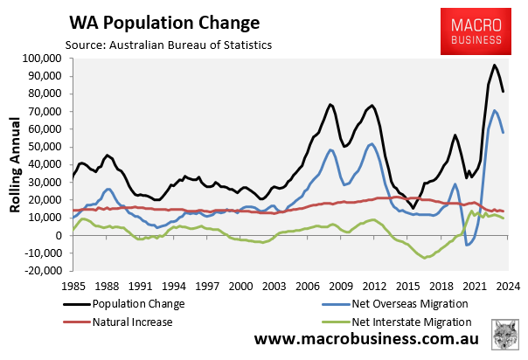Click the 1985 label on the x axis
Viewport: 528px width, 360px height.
(x=73, y=286)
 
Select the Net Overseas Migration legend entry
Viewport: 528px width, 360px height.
(x=406, y=303)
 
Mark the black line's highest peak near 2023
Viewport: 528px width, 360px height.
(x=494, y=66)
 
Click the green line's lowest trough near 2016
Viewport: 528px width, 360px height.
(x=425, y=258)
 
